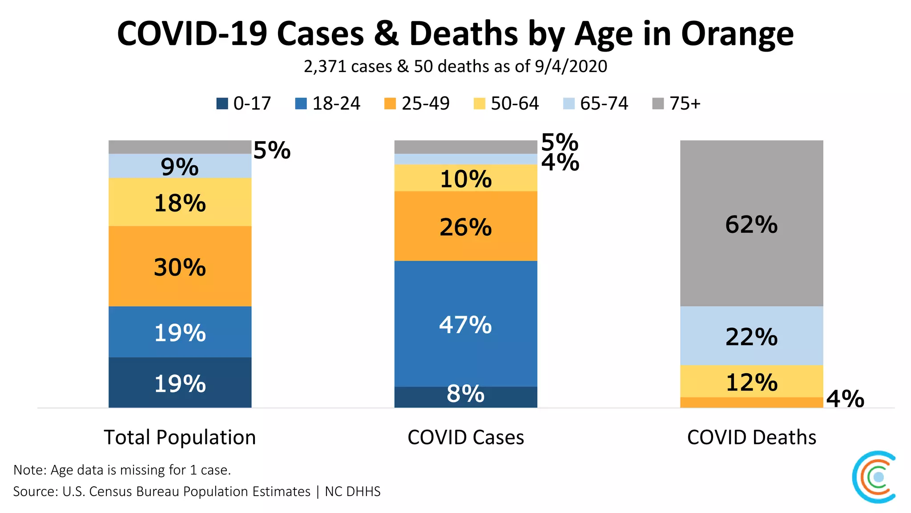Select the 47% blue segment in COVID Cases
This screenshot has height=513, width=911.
click(465, 324)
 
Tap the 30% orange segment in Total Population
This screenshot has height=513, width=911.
click(180, 266)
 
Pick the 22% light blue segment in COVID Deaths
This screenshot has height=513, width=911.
click(751, 336)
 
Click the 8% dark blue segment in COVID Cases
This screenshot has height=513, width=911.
click(465, 396)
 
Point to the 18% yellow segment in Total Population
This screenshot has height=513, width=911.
click(180, 202)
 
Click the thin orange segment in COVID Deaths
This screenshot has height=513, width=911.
click(751, 403)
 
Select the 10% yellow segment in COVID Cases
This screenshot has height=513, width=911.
click(465, 178)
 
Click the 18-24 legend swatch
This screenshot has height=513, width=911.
click(301, 104)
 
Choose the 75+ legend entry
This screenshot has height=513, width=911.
click(676, 104)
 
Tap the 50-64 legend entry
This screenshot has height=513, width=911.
click(506, 104)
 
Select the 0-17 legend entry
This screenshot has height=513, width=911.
click(244, 104)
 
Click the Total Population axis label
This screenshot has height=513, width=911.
click(180, 437)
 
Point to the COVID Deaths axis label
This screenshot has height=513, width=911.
click(751, 437)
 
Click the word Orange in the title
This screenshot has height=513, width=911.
click(737, 34)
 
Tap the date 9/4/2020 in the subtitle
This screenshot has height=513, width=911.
click(571, 66)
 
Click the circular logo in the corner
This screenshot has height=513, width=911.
click(875, 477)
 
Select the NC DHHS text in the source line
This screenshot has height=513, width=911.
click(353, 492)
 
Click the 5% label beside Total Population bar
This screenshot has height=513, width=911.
click(272, 150)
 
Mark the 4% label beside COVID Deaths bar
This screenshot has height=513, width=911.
click(845, 399)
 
